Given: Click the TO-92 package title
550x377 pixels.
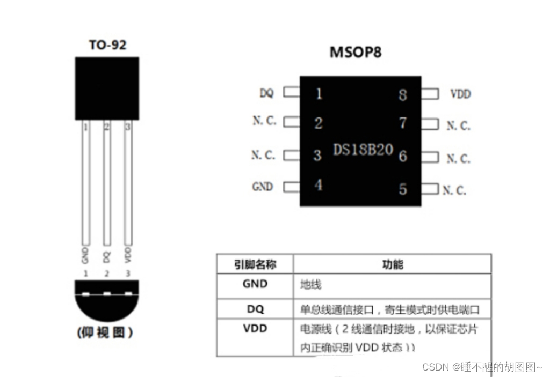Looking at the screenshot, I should pyautogui.click(x=107, y=45).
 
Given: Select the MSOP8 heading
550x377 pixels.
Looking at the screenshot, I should pyautogui.click(x=355, y=53).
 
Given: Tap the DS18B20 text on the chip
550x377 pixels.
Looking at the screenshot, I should pyautogui.click(x=363, y=150).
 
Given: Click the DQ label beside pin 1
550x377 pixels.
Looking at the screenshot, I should pyautogui.click(x=266, y=93).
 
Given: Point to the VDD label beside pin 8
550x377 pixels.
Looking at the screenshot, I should pyautogui.click(x=460, y=94).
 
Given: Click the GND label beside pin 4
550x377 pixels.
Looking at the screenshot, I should pyautogui.click(x=263, y=187).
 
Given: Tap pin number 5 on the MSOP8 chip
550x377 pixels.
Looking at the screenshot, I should pyautogui.click(x=403, y=189).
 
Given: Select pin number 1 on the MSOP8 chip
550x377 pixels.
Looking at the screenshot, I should pyautogui.click(x=319, y=94).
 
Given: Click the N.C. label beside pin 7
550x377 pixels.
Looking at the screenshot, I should pyautogui.click(x=458, y=125).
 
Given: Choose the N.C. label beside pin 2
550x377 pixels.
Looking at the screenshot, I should pyautogui.click(x=264, y=121).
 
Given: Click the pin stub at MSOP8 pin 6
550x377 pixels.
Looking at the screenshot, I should pyautogui.click(x=430, y=157).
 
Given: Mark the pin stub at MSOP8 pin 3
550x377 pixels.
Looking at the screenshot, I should pyautogui.click(x=291, y=156).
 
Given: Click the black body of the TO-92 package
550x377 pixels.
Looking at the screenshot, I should pyautogui.click(x=107, y=88).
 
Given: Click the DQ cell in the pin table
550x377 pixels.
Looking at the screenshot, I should pyautogui.click(x=255, y=309).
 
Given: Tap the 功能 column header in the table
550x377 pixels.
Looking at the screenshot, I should pyautogui.click(x=392, y=264).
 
